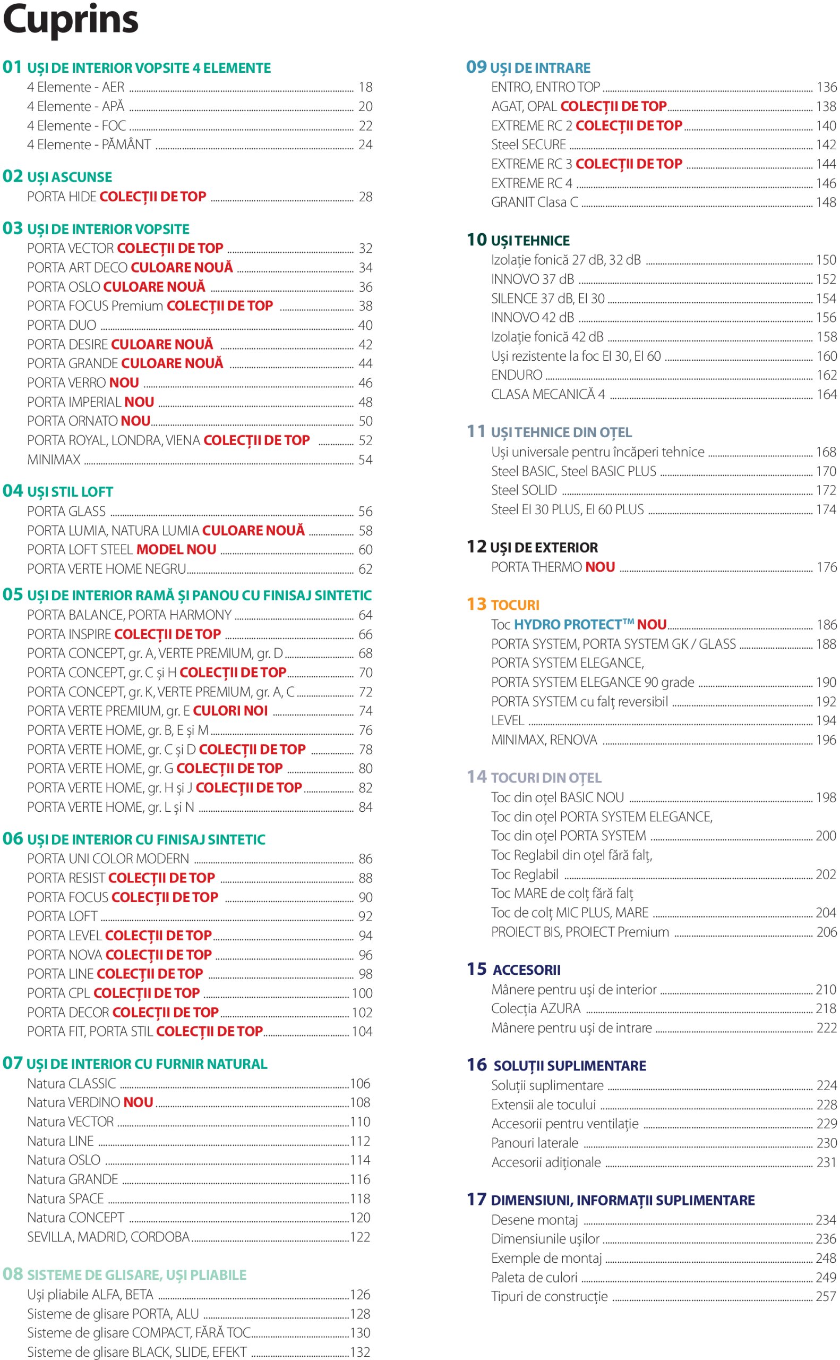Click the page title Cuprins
(x=71, y=20)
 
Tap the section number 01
(x=12, y=67)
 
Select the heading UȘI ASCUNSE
(x=70, y=177)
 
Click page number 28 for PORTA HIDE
(x=365, y=197)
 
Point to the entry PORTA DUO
(x=62, y=325)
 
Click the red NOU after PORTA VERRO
(x=124, y=383)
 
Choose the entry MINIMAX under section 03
(x=54, y=460)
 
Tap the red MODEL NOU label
(x=176, y=550)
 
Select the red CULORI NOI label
(x=230, y=711)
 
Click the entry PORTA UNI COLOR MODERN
(x=108, y=858)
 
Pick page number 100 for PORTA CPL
(x=362, y=993)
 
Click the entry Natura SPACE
(x=65, y=1199)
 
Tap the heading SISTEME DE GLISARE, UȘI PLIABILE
(x=136, y=1275)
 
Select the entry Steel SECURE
(x=528, y=144)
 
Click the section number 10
(x=477, y=240)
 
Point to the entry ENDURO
(x=517, y=375)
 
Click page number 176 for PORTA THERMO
(x=826, y=567)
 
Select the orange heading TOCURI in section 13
(x=515, y=605)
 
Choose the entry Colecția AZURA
(x=536, y=1008)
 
